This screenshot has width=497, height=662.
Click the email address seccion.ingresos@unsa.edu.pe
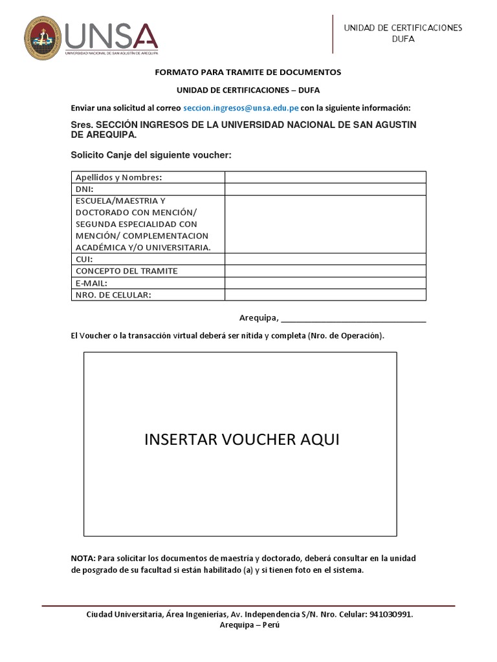[x=240, y=107]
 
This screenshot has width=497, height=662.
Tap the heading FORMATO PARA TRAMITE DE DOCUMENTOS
[x=248, y=72]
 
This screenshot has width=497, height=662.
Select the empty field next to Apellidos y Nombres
[x=325, y=177]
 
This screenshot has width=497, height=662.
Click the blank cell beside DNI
[x=325, y=189]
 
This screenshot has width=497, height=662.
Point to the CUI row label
[x=85, y=259]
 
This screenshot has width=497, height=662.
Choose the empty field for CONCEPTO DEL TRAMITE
[x=325, y=271]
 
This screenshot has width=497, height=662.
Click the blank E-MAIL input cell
[x=325, y=283]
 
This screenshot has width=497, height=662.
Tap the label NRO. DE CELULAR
[x=113, y=295]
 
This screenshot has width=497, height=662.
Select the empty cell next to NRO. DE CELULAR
[x=325, y=295]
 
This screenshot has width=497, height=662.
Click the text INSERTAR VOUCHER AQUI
[x=241, y=440]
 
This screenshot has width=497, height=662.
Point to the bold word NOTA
[x=83, y=558]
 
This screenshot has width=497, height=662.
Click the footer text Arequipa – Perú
[x=249, y=626]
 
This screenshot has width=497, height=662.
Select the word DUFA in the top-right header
[x=403, y=39]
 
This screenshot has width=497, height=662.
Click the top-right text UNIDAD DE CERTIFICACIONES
[x=403, y=27]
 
